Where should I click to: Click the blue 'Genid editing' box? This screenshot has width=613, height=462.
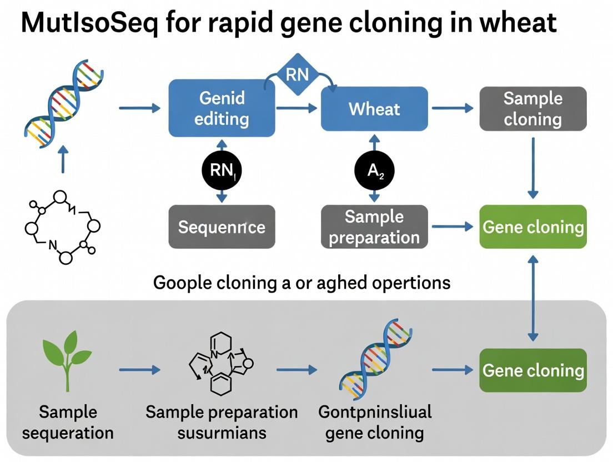[222, 108]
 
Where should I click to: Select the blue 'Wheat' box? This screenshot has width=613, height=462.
[374, 108]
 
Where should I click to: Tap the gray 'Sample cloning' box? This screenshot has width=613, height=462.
[532, 108]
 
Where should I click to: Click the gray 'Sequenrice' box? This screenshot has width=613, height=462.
[222, 227]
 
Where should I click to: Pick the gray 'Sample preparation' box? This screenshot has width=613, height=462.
[374, 227]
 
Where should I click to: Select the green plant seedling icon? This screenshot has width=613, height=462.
[67, 361]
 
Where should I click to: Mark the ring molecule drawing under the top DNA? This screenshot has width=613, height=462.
[62, 227]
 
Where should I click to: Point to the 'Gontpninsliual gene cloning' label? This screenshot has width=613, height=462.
[375, 422]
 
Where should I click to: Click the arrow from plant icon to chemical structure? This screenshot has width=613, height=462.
[139, 369]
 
